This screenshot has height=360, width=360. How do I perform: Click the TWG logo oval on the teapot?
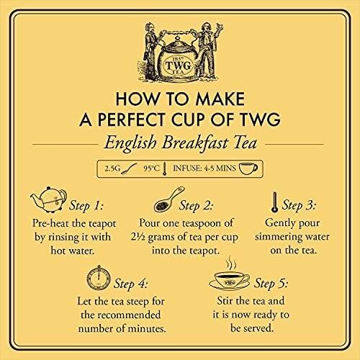[x=179, y=65]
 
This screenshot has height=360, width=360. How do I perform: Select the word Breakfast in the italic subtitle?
[x=194, y=143]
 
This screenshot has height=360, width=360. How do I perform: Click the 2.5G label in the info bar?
[x=112, y=168]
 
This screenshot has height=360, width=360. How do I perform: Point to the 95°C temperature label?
[x=151, y=168]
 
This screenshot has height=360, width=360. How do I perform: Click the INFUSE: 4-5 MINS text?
[x=204, y=168]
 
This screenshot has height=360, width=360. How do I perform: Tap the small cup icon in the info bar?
[x=248, y=168]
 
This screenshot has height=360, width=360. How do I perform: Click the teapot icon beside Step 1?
[x=48, y=199]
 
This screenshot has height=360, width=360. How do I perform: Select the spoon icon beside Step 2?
[x=169, y=199]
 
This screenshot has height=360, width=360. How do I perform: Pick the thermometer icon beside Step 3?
[x=274, y=202]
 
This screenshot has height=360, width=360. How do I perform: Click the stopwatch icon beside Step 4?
[x=99, y=277]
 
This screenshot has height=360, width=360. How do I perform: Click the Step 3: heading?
[x=299, y=205]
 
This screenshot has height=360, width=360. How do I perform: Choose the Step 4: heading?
[x=130, y=284]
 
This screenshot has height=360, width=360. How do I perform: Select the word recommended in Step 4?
[x=121, y=315]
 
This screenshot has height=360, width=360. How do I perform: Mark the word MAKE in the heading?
[x=220, y=99]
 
